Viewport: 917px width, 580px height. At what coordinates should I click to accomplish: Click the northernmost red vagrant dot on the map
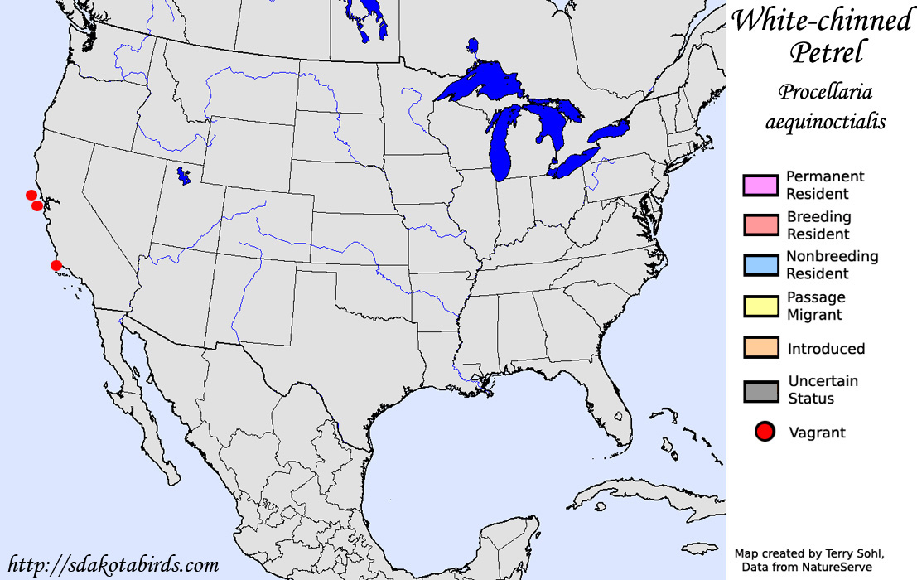pyautogui.click(x=31, y=195)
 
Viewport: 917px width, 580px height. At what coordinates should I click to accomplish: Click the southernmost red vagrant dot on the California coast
pyautogui.click(x=56, y=265)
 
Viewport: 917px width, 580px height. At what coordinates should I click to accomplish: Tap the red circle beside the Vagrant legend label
pyautogui.click(x=765, y=431)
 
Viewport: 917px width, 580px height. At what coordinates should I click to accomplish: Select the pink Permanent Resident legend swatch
pyautogui.click(x=760, y=186)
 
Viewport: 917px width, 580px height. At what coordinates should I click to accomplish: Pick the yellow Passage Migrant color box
pyautogui.click(x=760, y=307)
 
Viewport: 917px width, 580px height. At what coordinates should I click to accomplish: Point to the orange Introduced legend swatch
pyautogui.click(x=760, y=348)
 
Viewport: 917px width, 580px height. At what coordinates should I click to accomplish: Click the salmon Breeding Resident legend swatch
pyautogui.click(x=760, y=225)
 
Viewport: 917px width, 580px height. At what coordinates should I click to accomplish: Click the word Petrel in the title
pyautogui.click(x=826, y=53)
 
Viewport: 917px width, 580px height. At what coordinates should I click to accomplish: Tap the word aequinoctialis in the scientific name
pyautogui.click(x=825, y=122)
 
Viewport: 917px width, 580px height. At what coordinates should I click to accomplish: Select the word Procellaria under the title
pyautogui.click(x=825, y=91)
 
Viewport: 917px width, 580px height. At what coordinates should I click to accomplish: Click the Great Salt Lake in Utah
pyautogui.click(x=184, y=176)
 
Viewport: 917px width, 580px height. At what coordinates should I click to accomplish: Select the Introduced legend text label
pyautogui.click(x=826, y=349)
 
